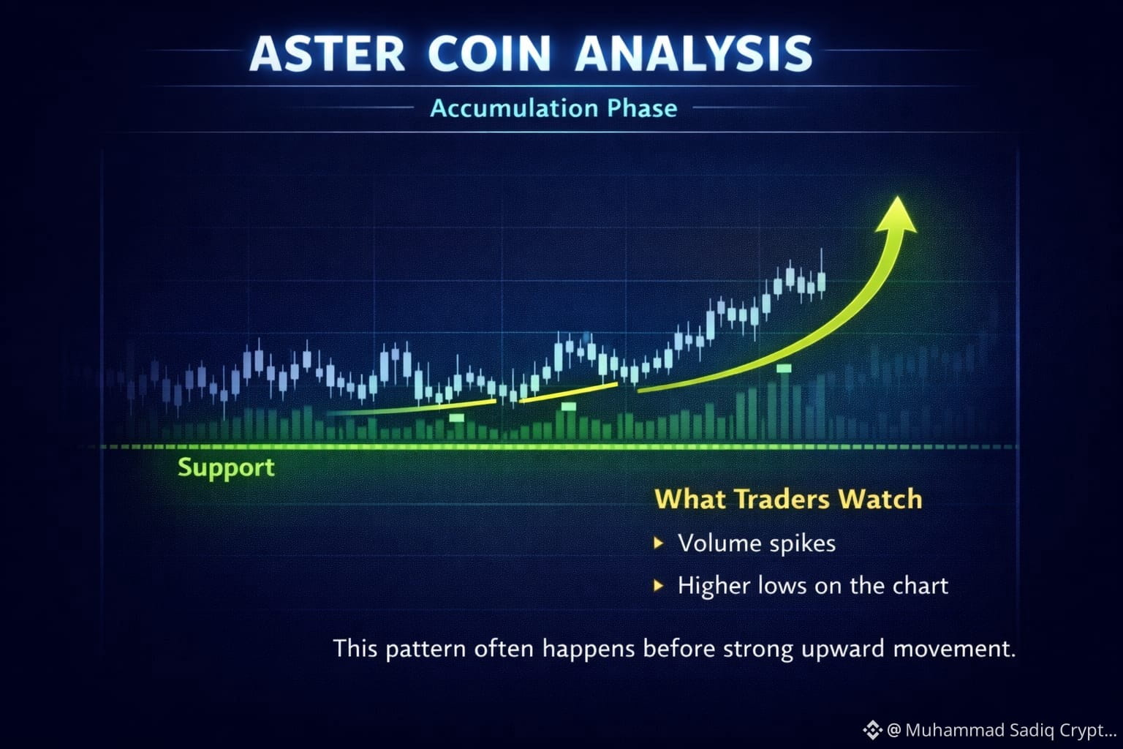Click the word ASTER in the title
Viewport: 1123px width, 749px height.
pyautogui.click(x=327, y=53)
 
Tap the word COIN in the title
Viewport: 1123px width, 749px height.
pyautogui.click(x=489, y=53)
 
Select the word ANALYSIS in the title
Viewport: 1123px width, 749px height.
pyautogui.click(x=694, y=53)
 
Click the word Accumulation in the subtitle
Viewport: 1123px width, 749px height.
pyautogui.click(x=514, y=108)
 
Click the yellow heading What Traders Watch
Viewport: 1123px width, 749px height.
pyautogui.click(x=788, y=499)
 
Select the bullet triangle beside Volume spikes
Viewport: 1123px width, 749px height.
pyautogui.click(x=659, y=543)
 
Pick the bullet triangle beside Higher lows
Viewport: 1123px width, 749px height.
pyautogui.click(x=659, y=585)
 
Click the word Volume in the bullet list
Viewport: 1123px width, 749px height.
pyautogui.click(x=720, y=543)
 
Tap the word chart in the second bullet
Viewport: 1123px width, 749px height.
pyautogui.click(x=920, y=585)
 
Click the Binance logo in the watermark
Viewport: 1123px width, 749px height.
pyautogui.click(x=872, y=730)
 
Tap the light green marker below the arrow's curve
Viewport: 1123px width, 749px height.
pyautogui.click(x=784, y=369)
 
